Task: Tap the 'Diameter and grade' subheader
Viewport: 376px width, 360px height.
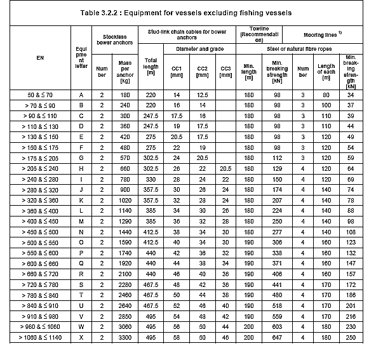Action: [x=198, y=48]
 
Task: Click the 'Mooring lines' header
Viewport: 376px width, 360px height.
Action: [x=323, y=33]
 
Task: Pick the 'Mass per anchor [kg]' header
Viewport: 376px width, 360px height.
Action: [x=126, y=72]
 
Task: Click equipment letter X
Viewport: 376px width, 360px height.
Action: [x=81, y=337]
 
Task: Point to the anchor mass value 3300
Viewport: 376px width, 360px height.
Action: [x=126, y=337]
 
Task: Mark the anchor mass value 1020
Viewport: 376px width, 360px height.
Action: [x=126, y=199]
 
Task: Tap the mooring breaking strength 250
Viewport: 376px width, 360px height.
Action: [x=351, y=337]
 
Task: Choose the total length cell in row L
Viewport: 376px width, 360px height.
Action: [x=151, y=210]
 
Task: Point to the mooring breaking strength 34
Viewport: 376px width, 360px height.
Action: [x=351, y=95]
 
